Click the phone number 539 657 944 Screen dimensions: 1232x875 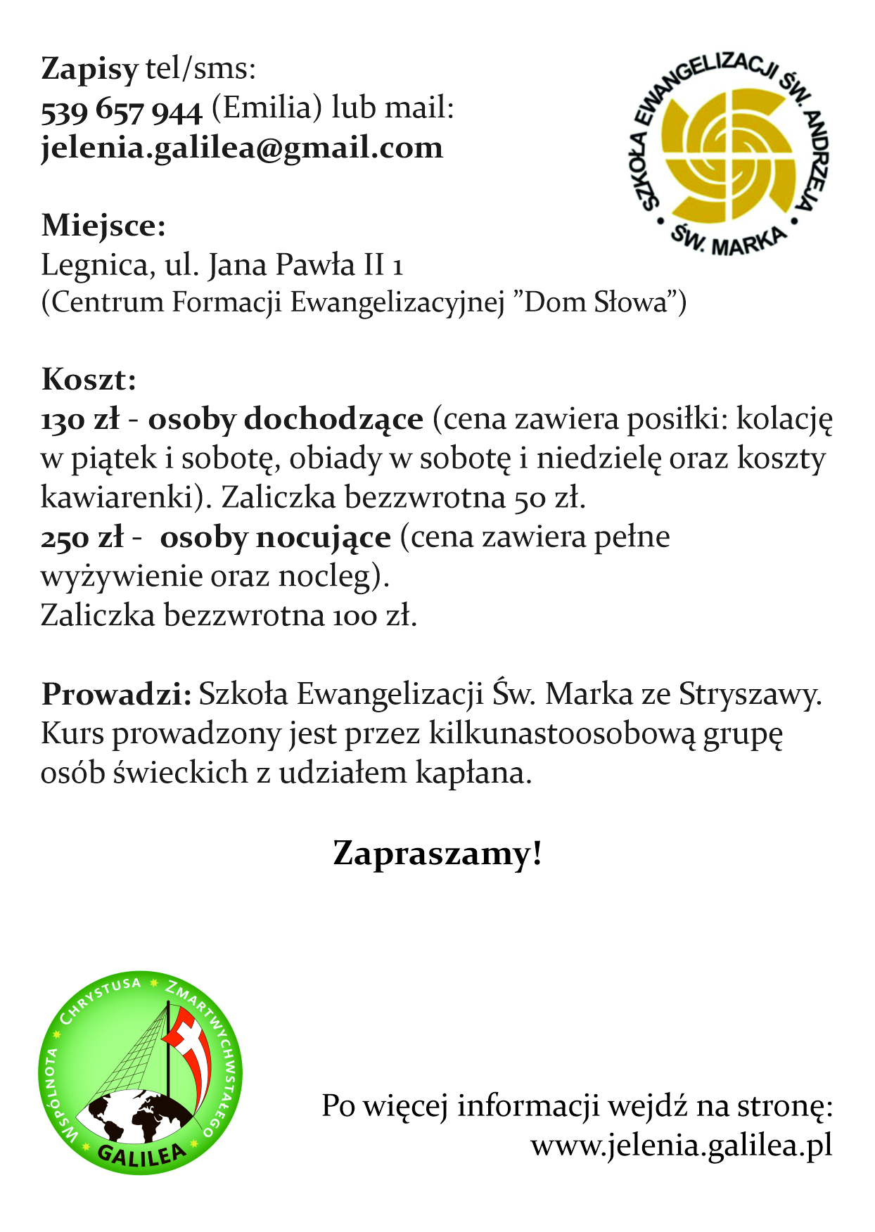[122, 110]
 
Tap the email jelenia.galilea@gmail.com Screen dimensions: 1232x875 [242, 148]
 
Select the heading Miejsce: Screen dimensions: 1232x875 [103, 226]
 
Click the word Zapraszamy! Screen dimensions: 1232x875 [437, 853]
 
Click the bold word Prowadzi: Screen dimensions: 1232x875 [116, 694]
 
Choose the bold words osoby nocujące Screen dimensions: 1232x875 [275, 538]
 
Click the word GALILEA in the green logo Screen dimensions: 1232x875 [141, 1154]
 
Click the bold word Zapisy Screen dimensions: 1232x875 [89, 69]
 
